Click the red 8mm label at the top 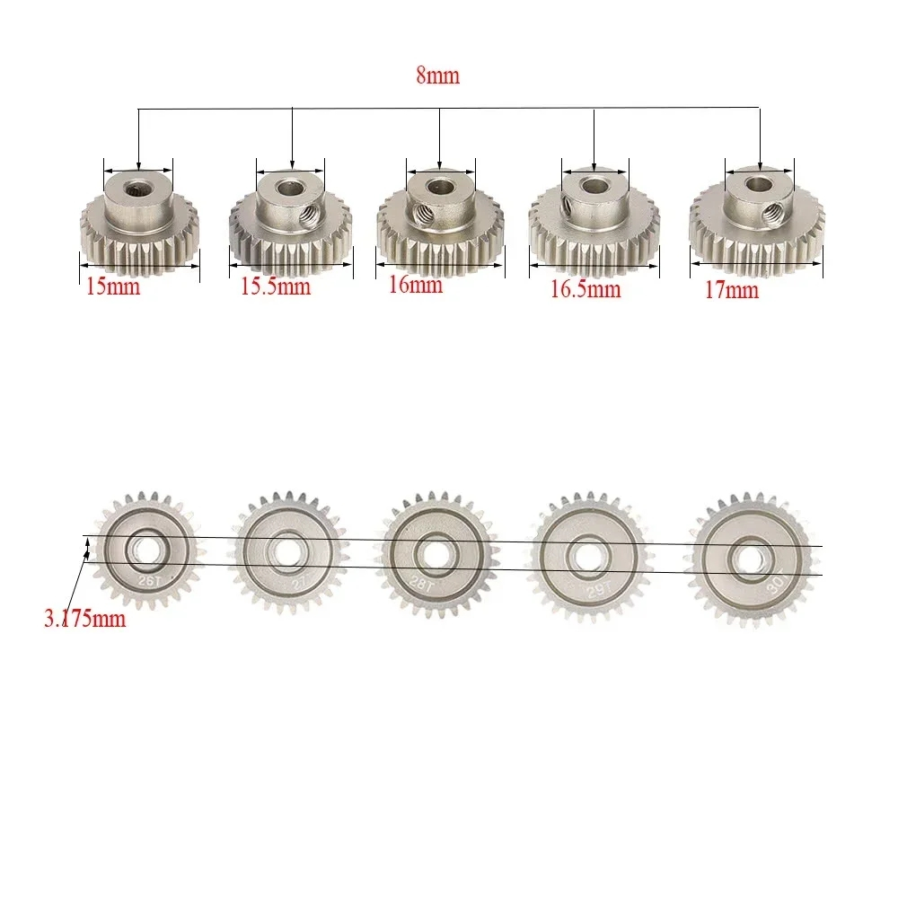(437, 76)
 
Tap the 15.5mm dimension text (275, 287)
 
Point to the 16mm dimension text (416, 286)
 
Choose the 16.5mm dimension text (585, 289)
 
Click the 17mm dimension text (731, 290)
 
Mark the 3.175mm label (84, 620)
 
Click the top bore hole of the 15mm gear (139, 187)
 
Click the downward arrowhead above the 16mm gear (439, 162)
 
